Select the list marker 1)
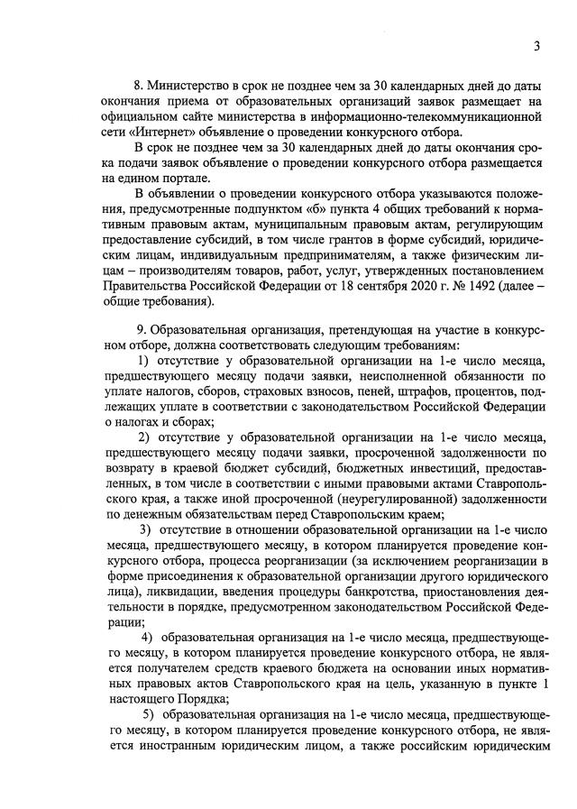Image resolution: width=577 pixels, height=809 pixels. (143, 361)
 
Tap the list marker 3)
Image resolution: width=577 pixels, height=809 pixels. (143, 529)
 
